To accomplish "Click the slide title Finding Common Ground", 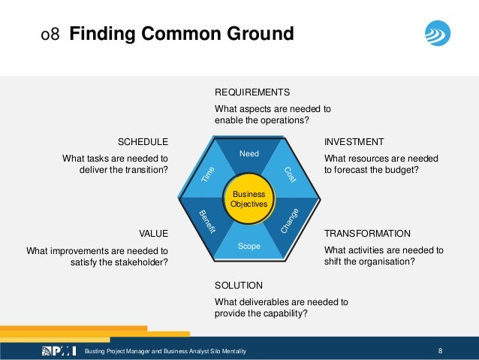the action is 181,35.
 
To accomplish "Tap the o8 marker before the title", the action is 50,35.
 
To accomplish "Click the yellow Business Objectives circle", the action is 249,199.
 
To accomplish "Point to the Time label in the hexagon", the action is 208,175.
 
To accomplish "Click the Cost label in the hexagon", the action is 290,174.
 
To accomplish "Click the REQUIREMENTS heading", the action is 252,92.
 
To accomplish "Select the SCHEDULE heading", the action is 143,141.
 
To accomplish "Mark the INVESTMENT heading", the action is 354,141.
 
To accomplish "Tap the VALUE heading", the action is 153,233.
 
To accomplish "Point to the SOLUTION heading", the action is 239,286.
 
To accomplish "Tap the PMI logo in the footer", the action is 60,351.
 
